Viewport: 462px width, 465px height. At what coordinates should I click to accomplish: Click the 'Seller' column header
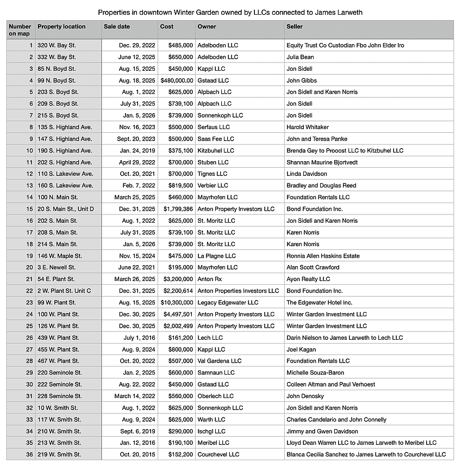(295, 26)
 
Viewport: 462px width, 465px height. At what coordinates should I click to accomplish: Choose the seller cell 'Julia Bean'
(300, 57)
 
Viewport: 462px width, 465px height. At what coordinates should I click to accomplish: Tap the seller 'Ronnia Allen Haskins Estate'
(323, 255)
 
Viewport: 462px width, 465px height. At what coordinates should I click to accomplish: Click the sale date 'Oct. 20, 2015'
(136, 454)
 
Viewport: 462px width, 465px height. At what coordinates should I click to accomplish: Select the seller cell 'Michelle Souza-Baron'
(316, 372)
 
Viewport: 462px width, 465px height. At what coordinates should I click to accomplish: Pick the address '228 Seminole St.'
(60, 396)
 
